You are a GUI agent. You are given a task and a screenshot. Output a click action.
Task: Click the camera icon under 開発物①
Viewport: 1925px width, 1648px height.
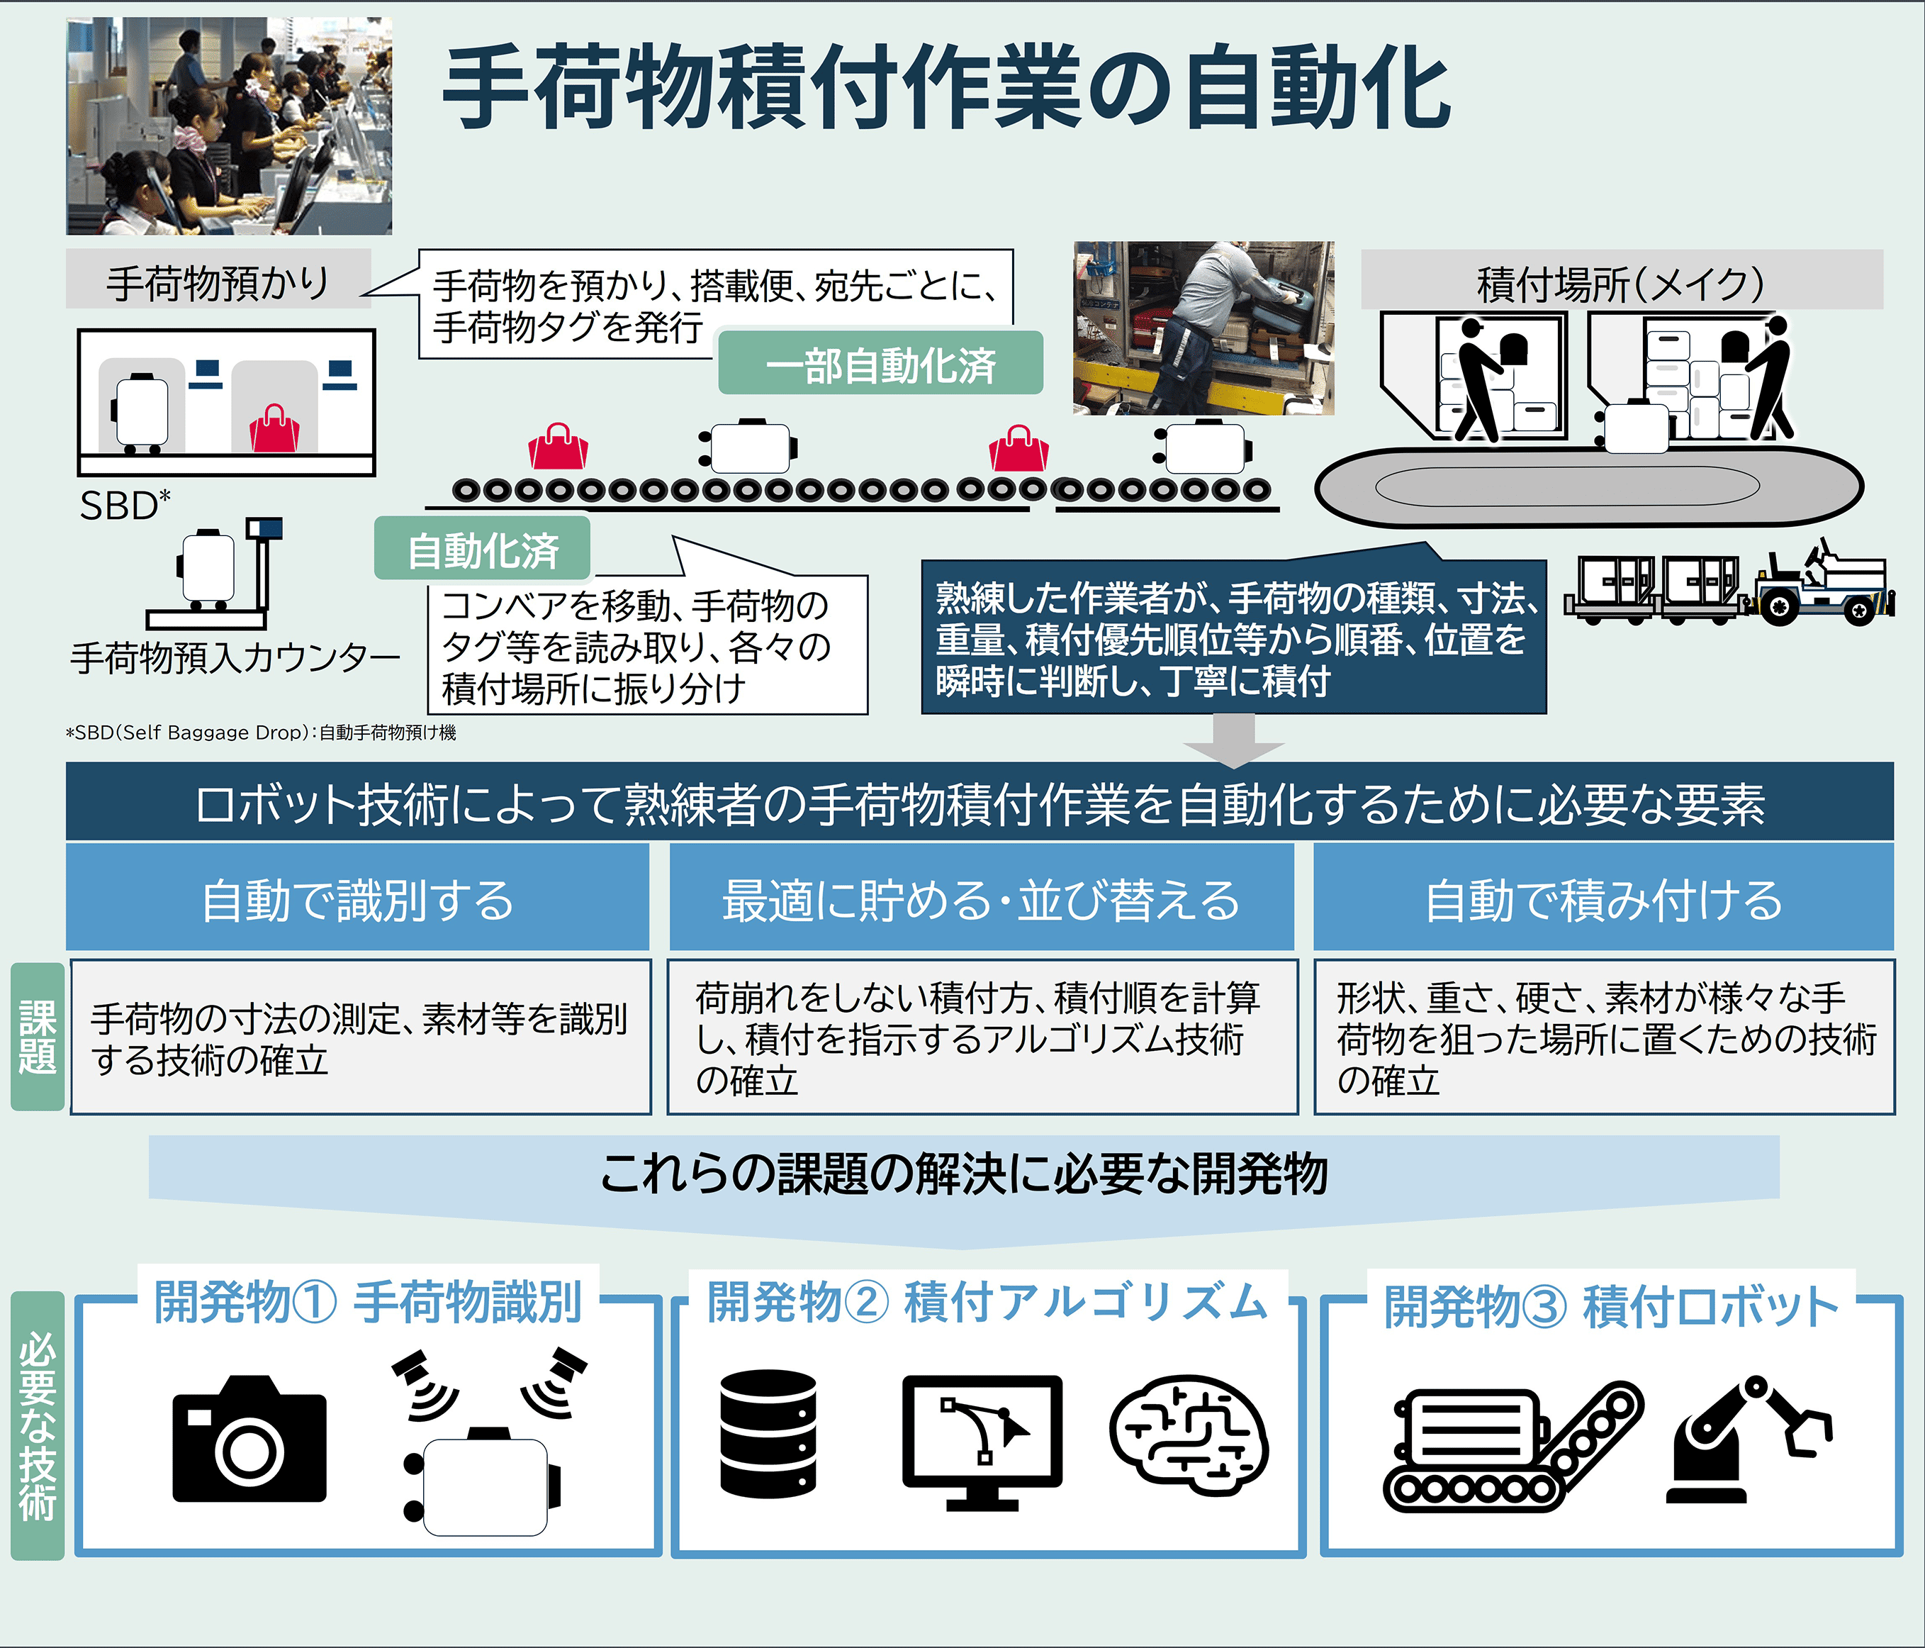pyautogui.click(x=249, y=1438)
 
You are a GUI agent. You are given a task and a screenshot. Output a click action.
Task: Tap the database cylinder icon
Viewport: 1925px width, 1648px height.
pyautogui.click(x=768, y=1435)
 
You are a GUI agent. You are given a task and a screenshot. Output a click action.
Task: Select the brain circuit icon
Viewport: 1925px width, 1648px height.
pyautogui.click(x=1189, y=1435)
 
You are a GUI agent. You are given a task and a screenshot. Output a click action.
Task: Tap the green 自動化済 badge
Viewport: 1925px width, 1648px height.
pyautogui.click(x=482, y=550)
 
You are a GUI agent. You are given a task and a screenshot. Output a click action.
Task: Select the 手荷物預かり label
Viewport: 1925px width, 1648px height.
pyautogui.click(x=218, y=280)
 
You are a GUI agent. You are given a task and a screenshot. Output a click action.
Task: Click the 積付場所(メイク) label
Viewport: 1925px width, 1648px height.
pyautogui.click(x=1621, y=281)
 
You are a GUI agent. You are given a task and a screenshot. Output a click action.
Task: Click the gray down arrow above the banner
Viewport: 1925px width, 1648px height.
pyautogui.click(x=1235, y=740)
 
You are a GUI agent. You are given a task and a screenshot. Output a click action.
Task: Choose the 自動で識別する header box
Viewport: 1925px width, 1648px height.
pyautogui.click(x=358, y=897)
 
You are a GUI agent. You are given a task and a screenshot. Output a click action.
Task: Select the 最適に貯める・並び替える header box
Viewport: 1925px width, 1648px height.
pyautogui.click(x=981, y=897)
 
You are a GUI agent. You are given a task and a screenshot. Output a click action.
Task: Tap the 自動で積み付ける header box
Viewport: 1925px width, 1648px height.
pyautogui.click(x=1603, y=897)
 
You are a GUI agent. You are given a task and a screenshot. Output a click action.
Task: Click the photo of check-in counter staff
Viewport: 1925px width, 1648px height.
pyautogui.click(x=230, y=126)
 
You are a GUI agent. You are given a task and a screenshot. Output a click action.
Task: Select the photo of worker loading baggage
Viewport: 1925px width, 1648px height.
pyautogui.click(x=1204, y=328)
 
